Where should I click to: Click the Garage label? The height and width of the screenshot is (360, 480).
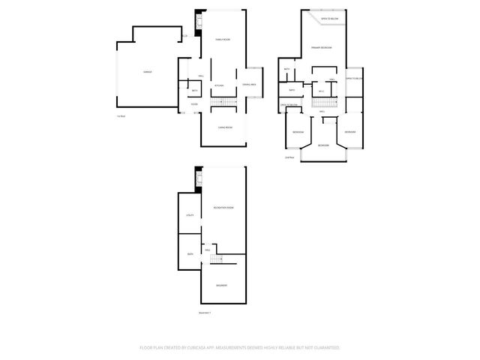(148, 72)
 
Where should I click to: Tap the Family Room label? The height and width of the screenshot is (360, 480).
(223, 40)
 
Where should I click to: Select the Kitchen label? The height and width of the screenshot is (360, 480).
(219, 85)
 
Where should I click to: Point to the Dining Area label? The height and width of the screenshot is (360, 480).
(248, 85)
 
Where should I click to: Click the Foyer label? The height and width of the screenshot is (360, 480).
(194, 104)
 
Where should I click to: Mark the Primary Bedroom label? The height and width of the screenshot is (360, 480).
(322, 47)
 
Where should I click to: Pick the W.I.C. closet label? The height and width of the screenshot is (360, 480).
(320, 91)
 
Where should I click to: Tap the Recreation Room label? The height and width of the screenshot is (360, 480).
(224, 207)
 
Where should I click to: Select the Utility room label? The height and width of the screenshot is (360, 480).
(190, 215)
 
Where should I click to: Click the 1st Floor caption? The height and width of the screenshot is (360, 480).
(121, 116)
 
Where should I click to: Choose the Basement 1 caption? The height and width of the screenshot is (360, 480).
(205, 313)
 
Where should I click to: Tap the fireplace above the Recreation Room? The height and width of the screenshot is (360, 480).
(199, 180)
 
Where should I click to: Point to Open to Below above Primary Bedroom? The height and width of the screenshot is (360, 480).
(328, 18)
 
